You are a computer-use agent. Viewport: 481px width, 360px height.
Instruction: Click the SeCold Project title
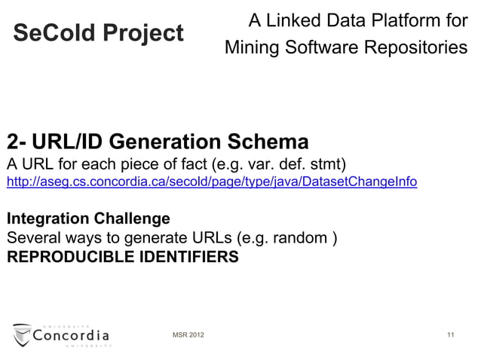99,33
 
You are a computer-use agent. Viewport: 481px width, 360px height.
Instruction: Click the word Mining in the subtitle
252,48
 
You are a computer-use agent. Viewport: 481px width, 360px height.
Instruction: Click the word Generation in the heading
166,142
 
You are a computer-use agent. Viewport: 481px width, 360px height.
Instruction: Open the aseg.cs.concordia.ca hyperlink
212,183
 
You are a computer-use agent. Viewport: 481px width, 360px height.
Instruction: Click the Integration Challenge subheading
88,220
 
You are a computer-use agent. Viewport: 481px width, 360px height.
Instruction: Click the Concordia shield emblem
22,334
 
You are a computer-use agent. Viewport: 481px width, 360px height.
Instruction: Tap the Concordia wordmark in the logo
72,334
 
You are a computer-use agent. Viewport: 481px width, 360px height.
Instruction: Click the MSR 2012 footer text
188,334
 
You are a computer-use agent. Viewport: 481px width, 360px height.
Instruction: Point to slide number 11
450,334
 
